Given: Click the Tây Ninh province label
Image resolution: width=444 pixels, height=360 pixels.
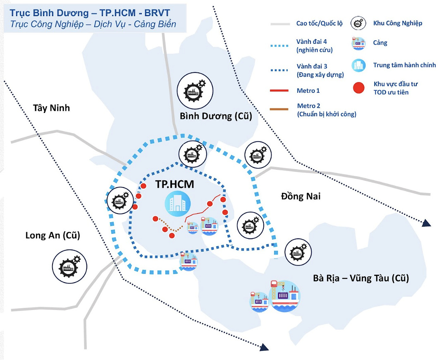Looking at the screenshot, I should pyautogui.click(x=52, y=108).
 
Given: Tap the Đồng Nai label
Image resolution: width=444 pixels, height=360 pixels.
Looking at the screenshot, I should pyautogui.click(x=301, y=196).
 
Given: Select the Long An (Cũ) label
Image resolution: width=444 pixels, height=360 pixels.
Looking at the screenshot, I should pyautogui.click(x=53, y=235).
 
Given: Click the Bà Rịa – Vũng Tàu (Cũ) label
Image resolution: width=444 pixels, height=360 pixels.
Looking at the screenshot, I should pyautogui.click(x=361, y=278).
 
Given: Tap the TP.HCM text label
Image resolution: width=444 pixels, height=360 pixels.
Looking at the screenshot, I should pyautogui.click(x=174, y=184).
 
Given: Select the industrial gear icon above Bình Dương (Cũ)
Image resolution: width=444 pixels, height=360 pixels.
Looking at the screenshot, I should pyautogui.click(x=195, y=90).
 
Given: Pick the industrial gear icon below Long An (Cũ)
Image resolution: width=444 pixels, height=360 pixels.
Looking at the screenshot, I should pyautogui.click(x=69, y=265).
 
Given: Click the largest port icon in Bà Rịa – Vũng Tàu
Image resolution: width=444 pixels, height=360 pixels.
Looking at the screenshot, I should pyautogui.click(x=284, y=295).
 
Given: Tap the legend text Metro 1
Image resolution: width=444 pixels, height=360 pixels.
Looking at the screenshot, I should pyautogui.click(x=308, y=90).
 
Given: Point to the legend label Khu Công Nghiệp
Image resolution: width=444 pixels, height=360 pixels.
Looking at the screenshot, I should pyautogui.click(x=397, y=23).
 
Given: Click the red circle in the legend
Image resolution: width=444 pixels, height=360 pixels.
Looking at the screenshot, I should pyautogui.click(x=359, y=88).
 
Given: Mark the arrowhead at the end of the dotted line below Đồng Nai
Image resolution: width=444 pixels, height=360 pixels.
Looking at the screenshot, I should pyautogui.click(x=426, y=223).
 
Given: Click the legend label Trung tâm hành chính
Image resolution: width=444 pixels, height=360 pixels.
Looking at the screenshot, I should pyautogui.click(x=404, y=65).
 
